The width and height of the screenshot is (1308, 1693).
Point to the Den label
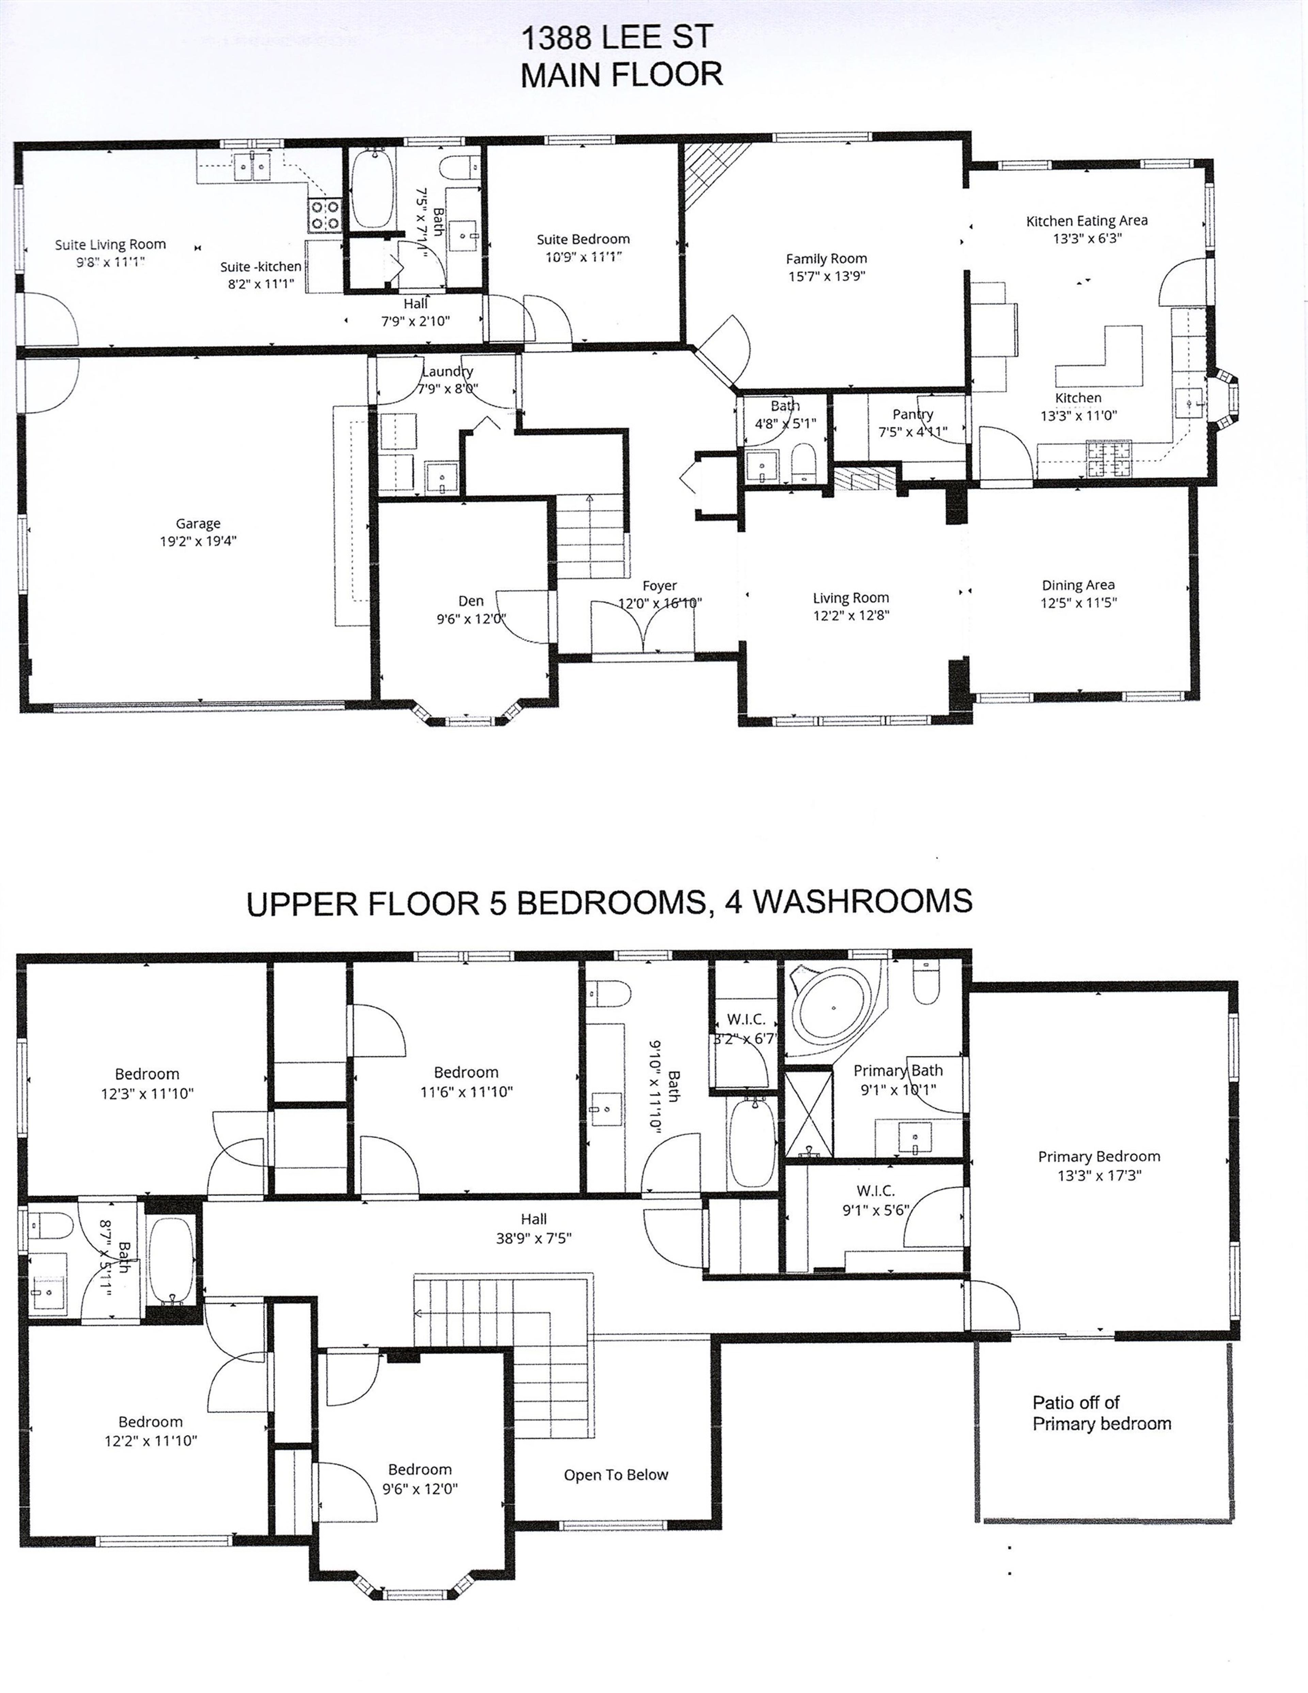tap(471, 601)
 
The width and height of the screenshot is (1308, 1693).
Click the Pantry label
tap(913, 414)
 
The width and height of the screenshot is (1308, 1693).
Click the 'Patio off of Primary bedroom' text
tap(1101, 1413)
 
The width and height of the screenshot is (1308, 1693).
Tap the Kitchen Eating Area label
tap(1086, 221)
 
